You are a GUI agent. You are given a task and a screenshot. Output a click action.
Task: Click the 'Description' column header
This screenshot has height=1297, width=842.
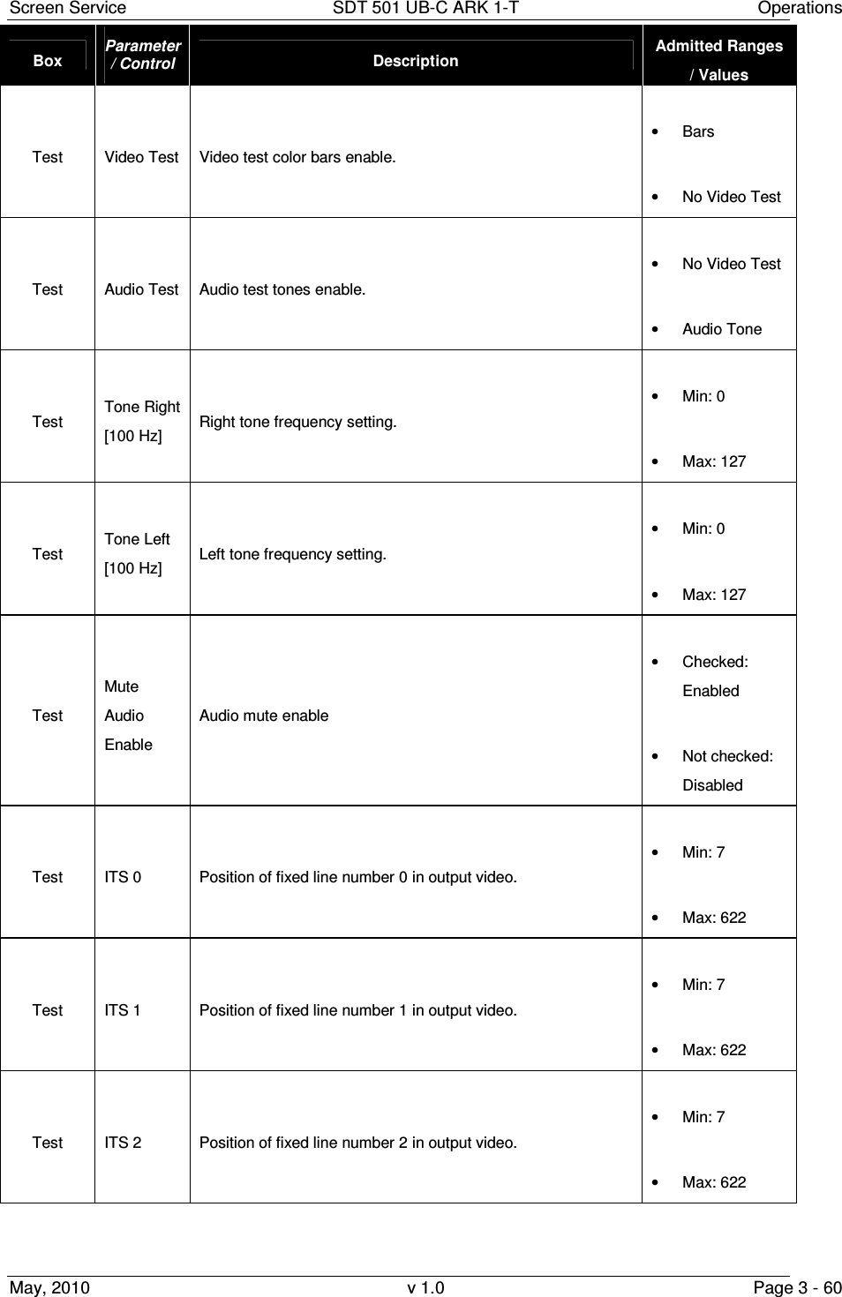pos(416,61)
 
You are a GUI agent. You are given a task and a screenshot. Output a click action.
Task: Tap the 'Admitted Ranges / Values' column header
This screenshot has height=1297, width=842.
pos(718,59)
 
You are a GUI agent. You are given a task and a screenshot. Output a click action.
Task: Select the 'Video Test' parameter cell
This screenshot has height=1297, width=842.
pos(141,157)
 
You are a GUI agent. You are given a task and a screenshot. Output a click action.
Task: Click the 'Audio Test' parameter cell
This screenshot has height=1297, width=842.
pos(141,289)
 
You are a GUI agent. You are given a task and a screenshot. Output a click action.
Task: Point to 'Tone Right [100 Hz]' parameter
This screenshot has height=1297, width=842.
pos(141,421)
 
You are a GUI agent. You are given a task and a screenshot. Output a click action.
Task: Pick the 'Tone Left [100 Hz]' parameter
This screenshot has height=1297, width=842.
pos(137,553)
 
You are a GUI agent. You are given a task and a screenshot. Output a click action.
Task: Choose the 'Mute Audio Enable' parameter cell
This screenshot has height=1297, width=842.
pos(128,716)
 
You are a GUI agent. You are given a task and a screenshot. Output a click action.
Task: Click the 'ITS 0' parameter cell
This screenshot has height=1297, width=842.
pos(123,877)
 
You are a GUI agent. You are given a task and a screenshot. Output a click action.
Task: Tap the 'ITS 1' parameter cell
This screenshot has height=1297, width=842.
pos(123,1010)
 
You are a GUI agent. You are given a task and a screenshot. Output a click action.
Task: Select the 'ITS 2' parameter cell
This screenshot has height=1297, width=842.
pos(123,1143)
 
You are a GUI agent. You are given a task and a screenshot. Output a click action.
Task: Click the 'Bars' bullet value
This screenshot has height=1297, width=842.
pos(698,131)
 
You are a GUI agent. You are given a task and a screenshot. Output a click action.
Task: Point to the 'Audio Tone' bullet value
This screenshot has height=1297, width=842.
pos(721,329)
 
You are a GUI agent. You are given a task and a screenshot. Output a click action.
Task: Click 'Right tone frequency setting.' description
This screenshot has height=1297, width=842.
pos(297,422)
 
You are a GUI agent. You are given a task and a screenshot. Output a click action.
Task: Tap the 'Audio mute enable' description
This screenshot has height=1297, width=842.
pos(264,716)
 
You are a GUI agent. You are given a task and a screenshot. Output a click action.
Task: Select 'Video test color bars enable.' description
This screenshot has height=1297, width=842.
pos(297,158)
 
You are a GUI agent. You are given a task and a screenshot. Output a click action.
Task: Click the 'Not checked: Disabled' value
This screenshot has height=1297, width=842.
pos(726,770)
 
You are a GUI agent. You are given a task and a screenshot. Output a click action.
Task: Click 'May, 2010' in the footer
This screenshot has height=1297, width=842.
pos(49,1287)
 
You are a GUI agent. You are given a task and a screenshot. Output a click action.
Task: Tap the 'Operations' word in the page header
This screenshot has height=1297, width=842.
pos(801,9)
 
